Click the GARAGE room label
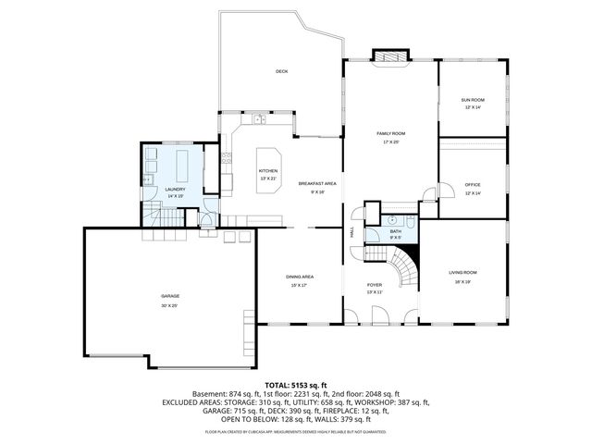(168, 296)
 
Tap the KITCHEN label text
(267, 171)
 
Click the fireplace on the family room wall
(390, 55)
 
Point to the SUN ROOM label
(473, 100)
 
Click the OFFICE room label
(473, 184)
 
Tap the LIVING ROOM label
(462, 272)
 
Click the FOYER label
(374, 285)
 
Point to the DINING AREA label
(299, 277)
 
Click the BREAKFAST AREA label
(316, 183)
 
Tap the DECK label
(281, 71)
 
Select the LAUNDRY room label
(175, 189)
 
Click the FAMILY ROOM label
(390, 133)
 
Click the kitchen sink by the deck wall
(258, 119)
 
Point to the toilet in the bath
(412, 221)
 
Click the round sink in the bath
(391, 220)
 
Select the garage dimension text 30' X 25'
(168, 304)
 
